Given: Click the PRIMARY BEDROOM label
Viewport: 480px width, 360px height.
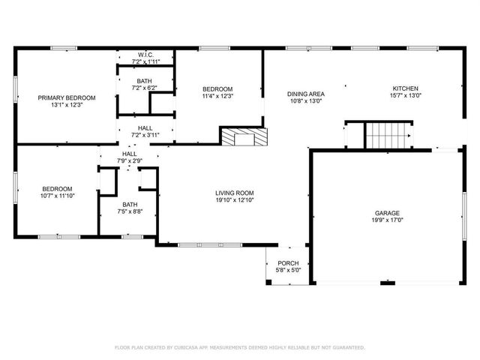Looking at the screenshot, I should click(67, 97).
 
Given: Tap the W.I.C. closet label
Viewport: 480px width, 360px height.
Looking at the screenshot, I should click(145, 54).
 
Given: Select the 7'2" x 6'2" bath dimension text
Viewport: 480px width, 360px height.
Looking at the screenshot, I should click(145, 88).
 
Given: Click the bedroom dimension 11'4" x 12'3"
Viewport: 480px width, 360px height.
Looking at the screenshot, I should click(217, 96).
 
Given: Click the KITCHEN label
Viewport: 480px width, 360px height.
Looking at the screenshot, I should click(405, 88).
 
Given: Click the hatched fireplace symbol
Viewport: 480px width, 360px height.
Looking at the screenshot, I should click(243, 137).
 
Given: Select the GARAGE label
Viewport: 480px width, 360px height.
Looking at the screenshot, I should click(387, 213).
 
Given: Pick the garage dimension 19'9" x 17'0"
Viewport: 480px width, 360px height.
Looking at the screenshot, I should click(387, 220).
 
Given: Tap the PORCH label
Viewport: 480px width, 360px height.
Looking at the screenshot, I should click(288, 263).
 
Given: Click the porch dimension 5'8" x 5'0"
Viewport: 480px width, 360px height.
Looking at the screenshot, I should click(288, 270).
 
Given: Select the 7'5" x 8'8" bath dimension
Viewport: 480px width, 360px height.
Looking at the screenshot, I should click(130, 211).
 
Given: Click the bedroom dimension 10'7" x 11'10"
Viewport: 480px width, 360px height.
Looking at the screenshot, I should click(57, 196).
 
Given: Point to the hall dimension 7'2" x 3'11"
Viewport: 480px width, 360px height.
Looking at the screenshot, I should click(145, 136).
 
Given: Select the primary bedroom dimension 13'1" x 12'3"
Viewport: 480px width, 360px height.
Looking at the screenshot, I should click(67, 105).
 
